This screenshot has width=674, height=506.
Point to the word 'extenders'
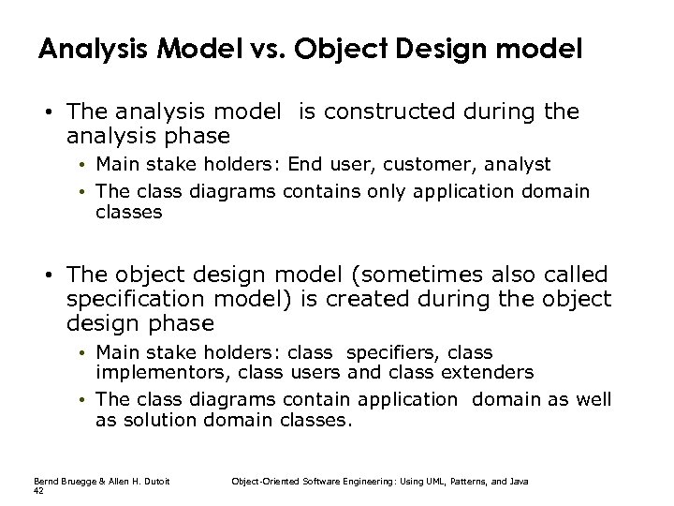point(489,373)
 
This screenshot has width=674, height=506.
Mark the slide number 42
point(37,489)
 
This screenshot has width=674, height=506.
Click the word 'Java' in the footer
point(519,481)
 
